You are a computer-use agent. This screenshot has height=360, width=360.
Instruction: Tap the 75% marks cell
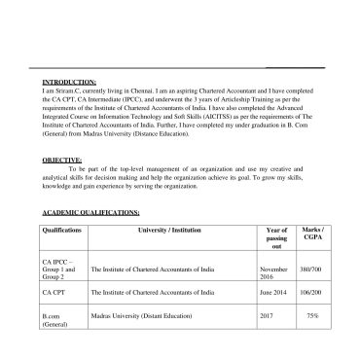(314, 315)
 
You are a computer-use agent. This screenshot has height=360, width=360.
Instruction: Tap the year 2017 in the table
(270, 315)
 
